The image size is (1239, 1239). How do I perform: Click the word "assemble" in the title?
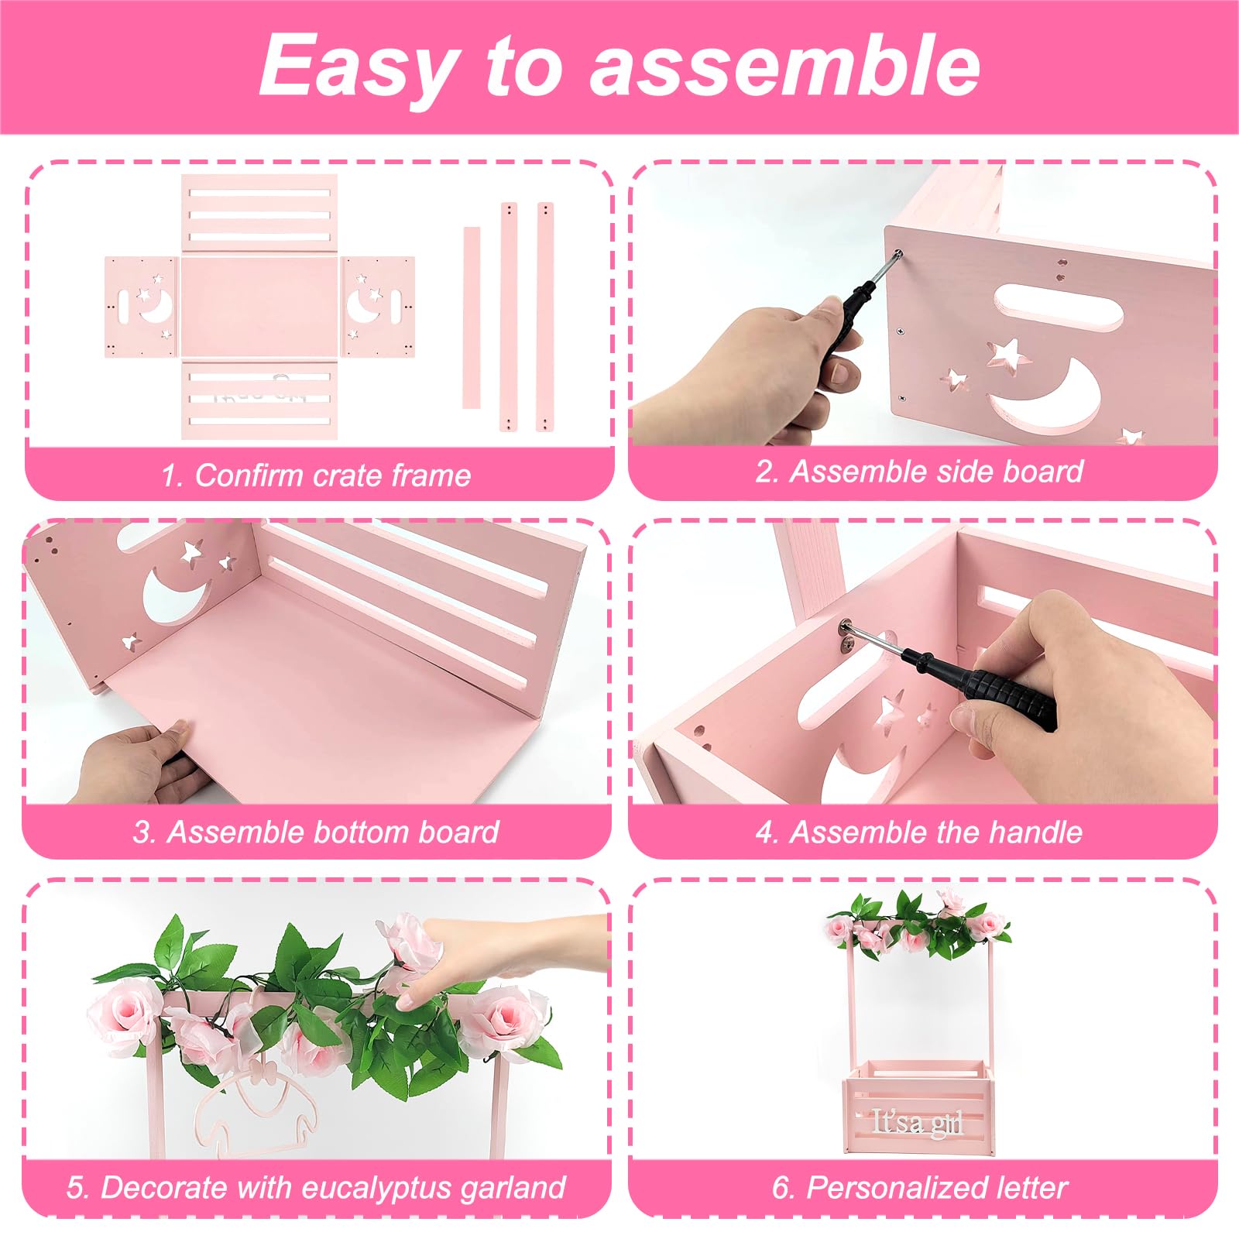coord(785,67)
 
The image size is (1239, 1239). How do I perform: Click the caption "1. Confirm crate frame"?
coord(316,475)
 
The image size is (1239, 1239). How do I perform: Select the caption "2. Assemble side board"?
coord(919,472)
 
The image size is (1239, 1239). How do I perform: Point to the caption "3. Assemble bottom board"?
coord(316,832)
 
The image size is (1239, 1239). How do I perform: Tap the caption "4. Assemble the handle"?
coord(919,832)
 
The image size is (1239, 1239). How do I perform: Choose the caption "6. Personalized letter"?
coord(919,1188)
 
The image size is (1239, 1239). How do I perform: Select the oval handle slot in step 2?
coord(1056,307)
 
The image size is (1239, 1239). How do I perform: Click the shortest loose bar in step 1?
coord(471,317)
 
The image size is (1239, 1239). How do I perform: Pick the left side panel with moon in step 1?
coord(142,307)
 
